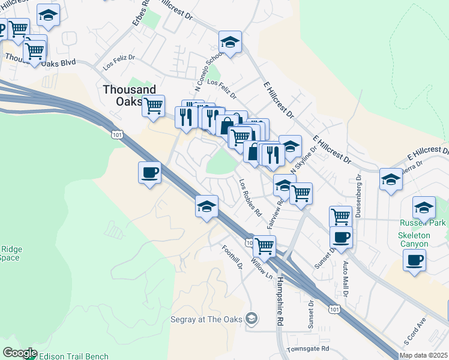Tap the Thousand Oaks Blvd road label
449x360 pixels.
tap(41, 61)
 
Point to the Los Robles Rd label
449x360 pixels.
tap(251, 197)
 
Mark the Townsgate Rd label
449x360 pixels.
tap(308, 349)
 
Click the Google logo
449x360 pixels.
tap(19, 353)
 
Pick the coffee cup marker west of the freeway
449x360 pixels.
tap(149, 173)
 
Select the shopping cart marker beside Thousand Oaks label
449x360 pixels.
tap(153, 106)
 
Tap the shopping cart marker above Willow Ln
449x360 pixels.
tap(264, 245)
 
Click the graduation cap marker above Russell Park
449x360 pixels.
tap(424, 208)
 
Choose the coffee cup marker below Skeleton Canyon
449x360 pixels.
tap(414, 260)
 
